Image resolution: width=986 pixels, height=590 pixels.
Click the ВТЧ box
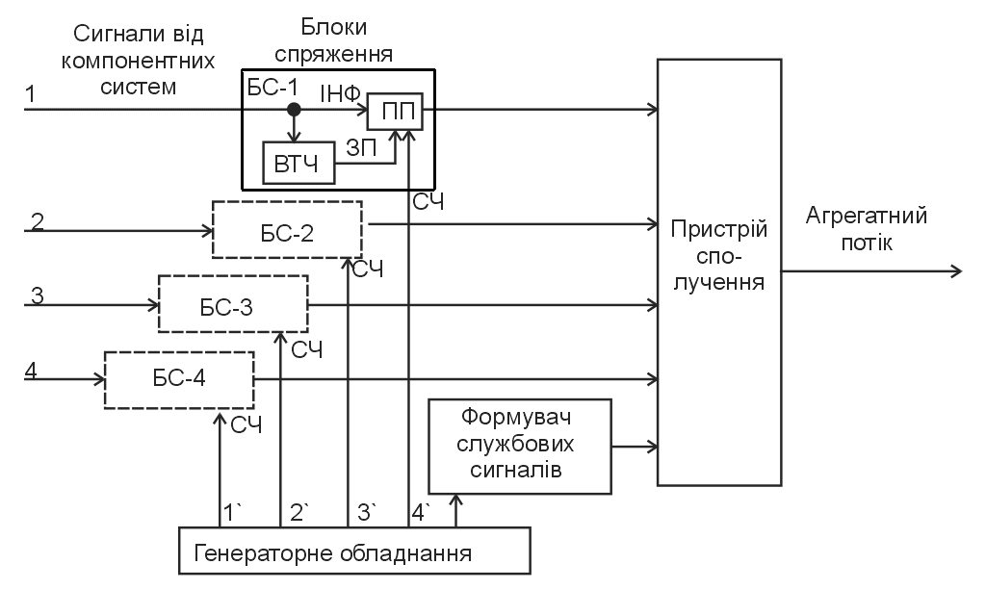[298, 164]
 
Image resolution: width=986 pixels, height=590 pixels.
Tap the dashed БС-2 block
[287, 230]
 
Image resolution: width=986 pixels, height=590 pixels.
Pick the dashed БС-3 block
[233, 304]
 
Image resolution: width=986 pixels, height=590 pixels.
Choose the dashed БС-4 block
[179, 378]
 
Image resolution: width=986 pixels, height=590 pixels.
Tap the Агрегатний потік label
[867, 229]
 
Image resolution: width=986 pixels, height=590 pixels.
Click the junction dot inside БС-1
[295, 110]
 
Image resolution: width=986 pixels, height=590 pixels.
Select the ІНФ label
[339, 93]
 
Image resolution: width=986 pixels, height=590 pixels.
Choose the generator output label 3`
[367, 511]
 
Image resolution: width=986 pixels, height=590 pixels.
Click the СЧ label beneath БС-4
[245, 423]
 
